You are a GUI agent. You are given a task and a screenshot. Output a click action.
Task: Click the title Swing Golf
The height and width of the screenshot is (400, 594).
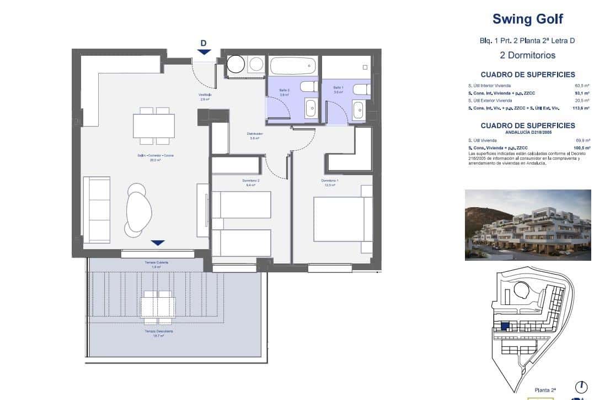pos(527,19)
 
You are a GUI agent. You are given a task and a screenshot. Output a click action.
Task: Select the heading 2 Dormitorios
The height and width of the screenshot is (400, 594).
pos(527,55)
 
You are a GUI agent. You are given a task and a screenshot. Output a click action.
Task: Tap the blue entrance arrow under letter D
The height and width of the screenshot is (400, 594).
pos(204,52)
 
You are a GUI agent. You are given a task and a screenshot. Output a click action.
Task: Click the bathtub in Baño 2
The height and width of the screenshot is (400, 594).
pos(293,66)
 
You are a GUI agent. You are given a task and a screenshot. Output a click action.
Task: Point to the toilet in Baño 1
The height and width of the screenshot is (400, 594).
pos(361,89)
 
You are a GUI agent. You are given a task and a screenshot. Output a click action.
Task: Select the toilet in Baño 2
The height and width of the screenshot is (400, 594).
pos(309,87)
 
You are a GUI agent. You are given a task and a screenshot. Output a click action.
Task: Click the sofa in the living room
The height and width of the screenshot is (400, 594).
pos(97,213)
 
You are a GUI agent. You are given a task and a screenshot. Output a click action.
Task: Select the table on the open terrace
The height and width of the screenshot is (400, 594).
pos(158,307)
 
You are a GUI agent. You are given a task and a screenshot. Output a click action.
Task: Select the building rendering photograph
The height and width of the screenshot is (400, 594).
pos(528,225)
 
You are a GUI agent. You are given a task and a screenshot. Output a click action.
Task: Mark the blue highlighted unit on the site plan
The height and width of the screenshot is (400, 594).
pos(504,327)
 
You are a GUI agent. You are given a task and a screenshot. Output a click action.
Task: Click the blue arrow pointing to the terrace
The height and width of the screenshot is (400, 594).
pos(158,243)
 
